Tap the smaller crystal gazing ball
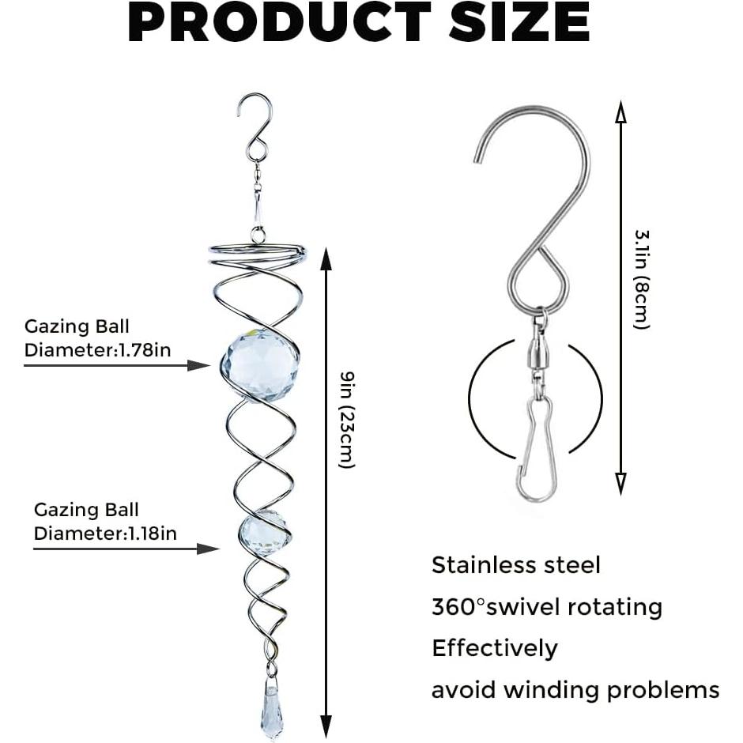[264, 534]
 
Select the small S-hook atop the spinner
[255, 126]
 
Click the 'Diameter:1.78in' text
[97, 349]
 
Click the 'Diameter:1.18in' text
[105, 534]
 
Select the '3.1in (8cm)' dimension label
[641, 280]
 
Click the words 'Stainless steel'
[516, 565]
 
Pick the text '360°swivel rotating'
[547, 607]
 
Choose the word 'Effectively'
[495, 648]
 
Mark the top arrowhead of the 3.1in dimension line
[620, 115]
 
